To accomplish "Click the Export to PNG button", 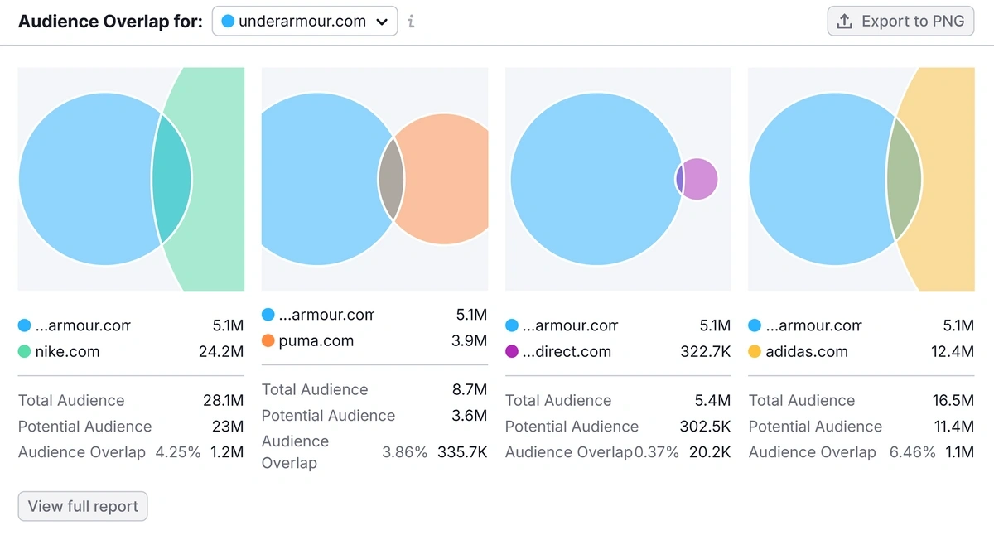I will [900, 22].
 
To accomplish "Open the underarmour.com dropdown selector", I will [304, 22].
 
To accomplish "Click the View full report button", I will [83, 506].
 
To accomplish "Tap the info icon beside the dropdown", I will [411, 22].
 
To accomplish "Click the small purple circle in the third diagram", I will [701, 179].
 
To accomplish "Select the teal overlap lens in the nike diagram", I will [172, 179].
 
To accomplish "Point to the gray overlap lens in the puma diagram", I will [391, 179].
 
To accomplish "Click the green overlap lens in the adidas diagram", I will [904, 179].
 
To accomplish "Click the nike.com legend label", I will [67, 351].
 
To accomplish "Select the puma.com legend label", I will [316, 340].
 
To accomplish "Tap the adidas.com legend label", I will [806, 351].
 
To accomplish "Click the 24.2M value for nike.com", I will [221, 351].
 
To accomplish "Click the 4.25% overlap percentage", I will [178, 452].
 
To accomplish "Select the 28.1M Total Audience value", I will [223, 400].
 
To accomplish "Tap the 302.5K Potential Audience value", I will [702, 427].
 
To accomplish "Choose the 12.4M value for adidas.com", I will [953, 351].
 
